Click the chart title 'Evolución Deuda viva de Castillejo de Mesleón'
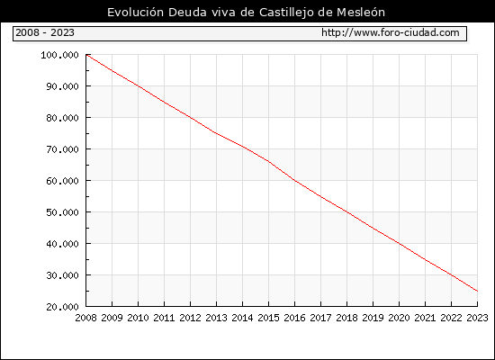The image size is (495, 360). pos(246,13)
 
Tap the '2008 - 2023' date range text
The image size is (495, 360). pos(45,32)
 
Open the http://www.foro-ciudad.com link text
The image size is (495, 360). pos(391,32)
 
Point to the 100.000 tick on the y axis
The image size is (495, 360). pos(59,55)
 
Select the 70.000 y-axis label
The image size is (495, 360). pos(62,149)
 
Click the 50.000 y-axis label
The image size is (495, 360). pos(62,212)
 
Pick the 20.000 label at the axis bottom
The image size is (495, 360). pos(62,307)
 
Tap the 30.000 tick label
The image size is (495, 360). pos(62,275)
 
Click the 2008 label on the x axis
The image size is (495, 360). pos(85,318)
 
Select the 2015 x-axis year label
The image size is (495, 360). pos(269,318)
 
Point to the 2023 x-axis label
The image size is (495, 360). pos(477,318)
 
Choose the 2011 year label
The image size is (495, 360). pos(164,318)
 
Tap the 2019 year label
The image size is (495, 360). pos(373,318)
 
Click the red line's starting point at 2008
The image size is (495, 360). pos(86,55)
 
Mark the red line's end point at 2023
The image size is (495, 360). pos(477,291)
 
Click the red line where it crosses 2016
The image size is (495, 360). pos(295,180)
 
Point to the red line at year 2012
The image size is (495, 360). pos(191,118)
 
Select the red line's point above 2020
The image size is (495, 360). pos(399,244)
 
